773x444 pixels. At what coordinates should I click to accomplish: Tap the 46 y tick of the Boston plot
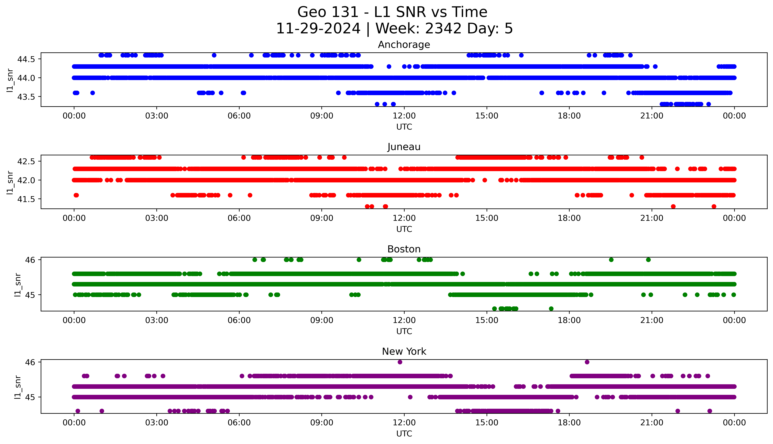point(30,260)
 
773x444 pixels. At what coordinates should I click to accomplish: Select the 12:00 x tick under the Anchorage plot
point(404,116)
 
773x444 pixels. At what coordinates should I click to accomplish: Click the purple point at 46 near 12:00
point(400,362)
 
